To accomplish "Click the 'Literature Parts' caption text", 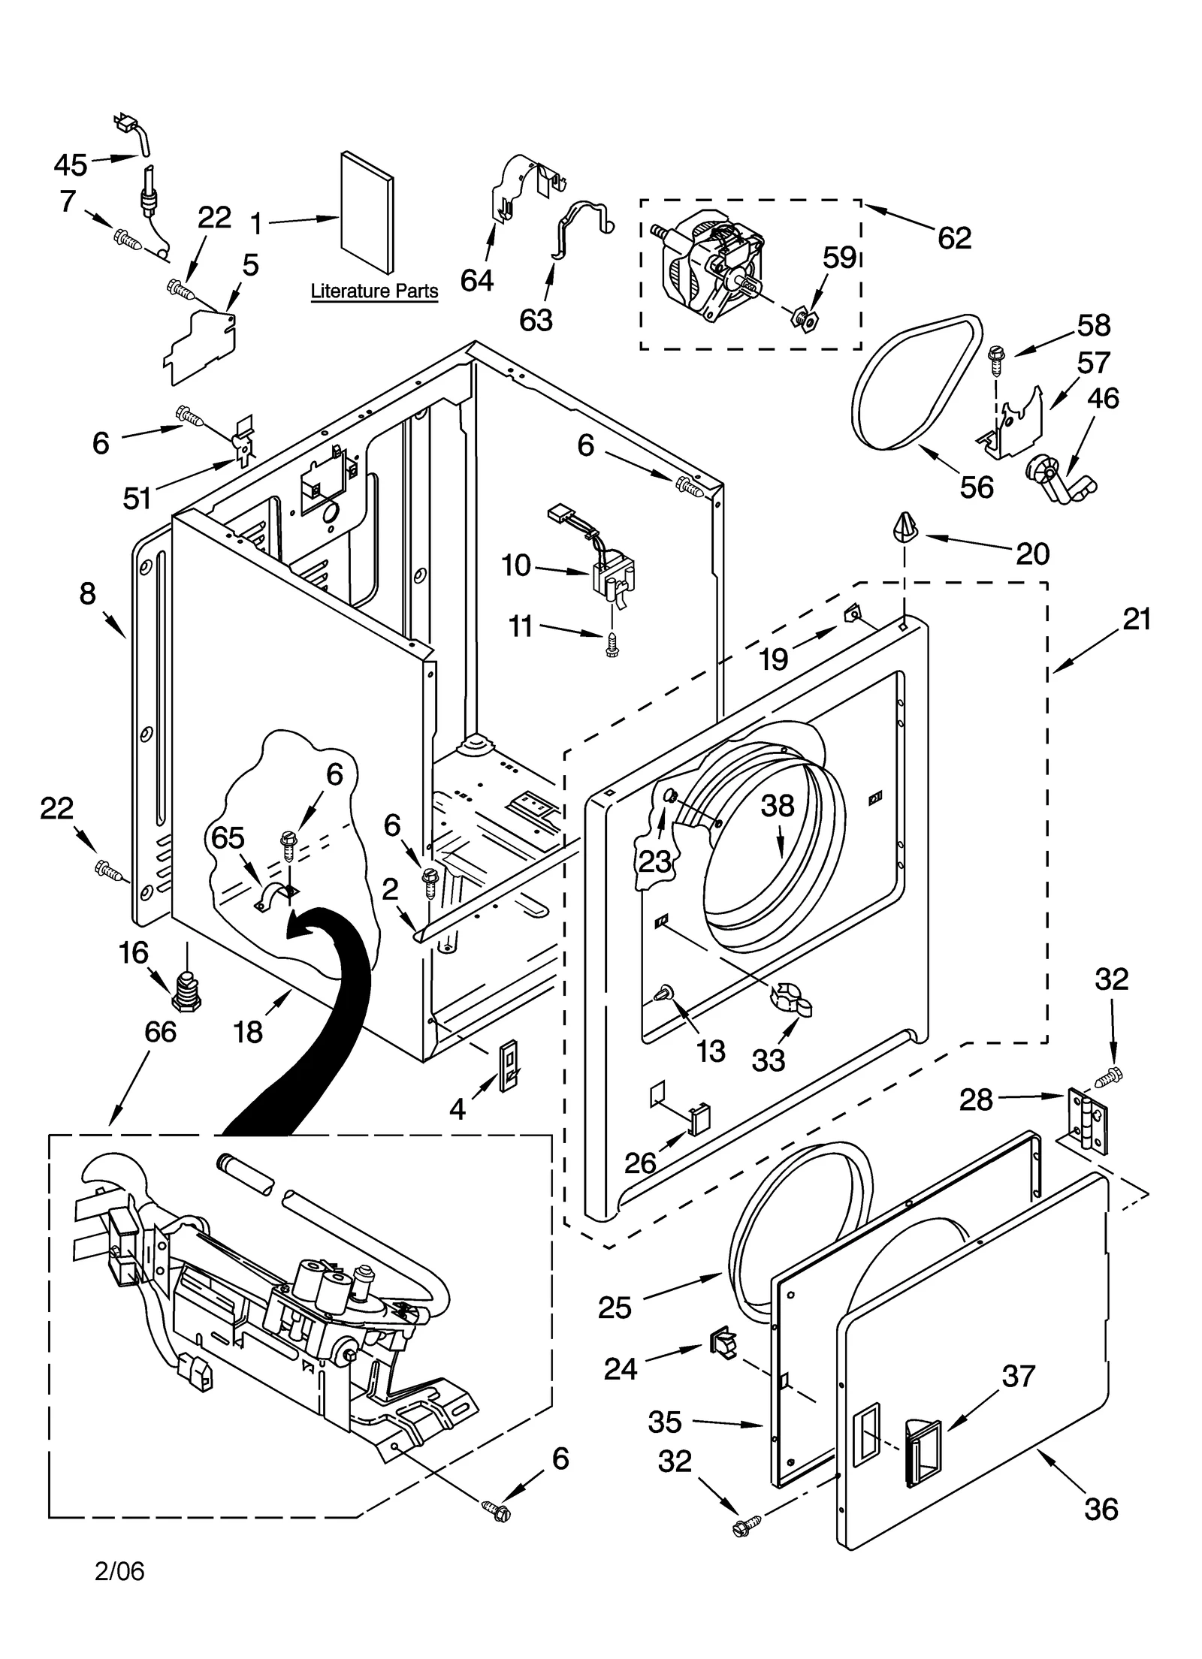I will (374, 291).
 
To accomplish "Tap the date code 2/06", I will (119, 1570).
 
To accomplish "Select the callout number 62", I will (954, 238).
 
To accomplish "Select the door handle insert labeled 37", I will (923, 1453).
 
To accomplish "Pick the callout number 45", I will (71, 164).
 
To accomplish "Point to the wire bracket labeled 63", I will (578, 229).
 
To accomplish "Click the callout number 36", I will (1101, 1508).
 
